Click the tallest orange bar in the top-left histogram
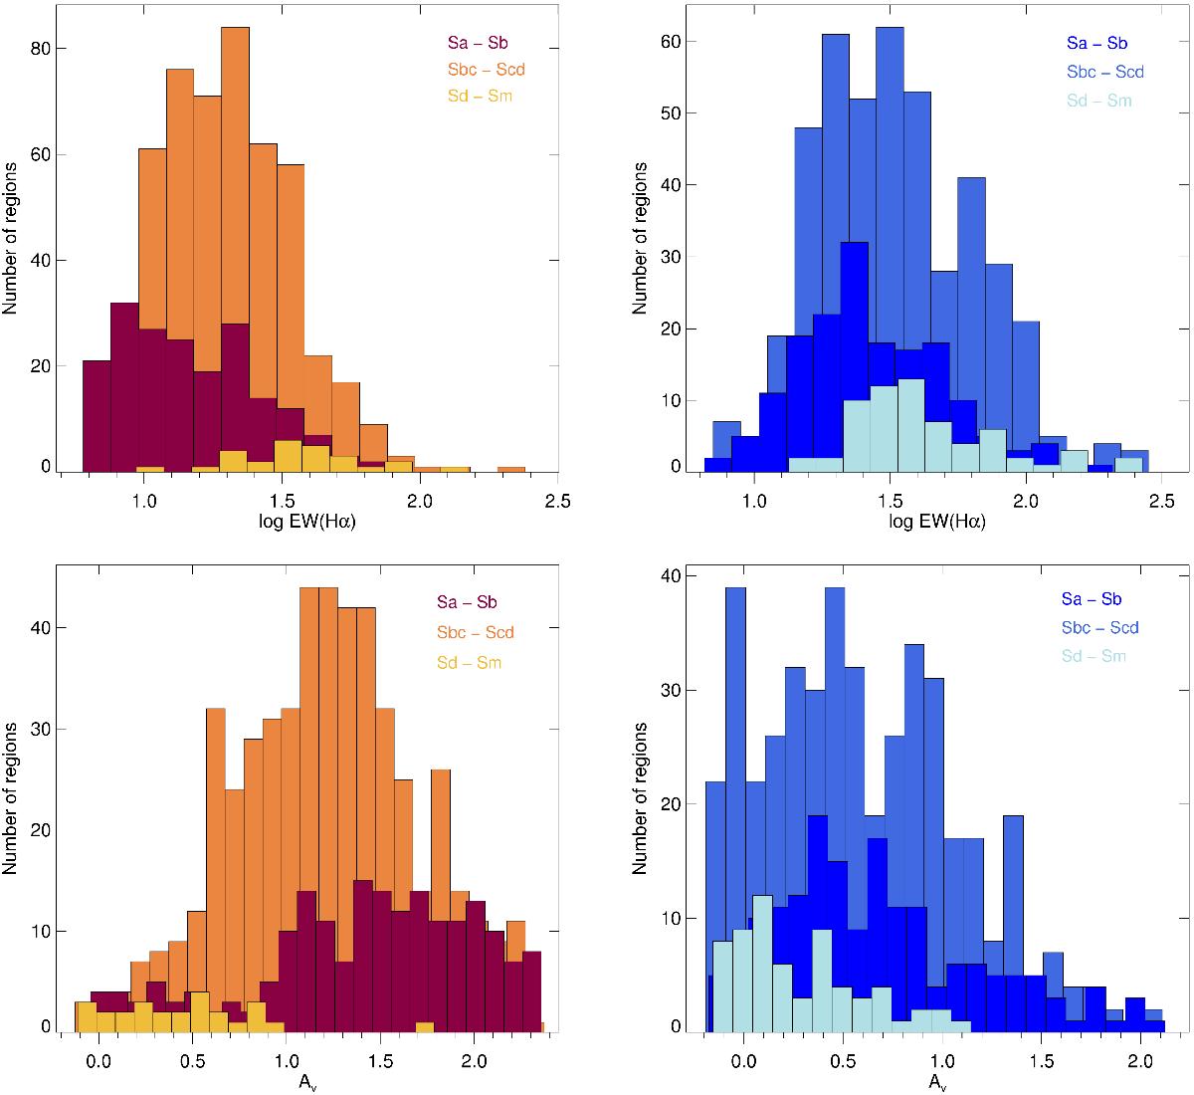click(x=235, y=249)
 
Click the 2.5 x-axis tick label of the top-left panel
click(x=557, y=502)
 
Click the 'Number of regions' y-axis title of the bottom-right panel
click(x=640, y=798)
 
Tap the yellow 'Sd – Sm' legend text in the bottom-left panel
click(x=468, y=662)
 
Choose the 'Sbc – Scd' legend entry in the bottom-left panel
click(x=473, y=632)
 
